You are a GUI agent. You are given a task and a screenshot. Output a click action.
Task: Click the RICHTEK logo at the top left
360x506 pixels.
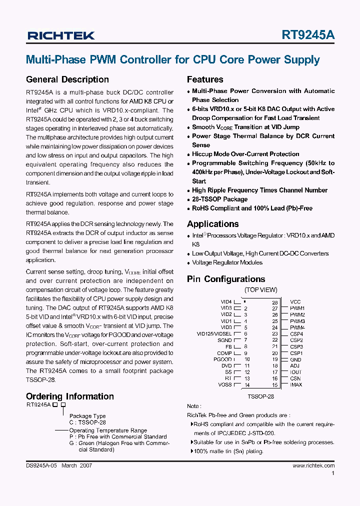pos(60,35)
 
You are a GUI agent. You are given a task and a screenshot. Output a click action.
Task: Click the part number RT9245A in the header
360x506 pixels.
pos(308,35)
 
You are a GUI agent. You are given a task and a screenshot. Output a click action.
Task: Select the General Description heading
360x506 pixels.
pos(67,79)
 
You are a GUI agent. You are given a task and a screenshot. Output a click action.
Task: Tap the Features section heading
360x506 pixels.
pos(205,79)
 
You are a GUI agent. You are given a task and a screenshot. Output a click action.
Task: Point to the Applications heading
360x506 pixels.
pos(212,224)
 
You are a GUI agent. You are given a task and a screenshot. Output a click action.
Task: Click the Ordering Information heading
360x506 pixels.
pos(69,396)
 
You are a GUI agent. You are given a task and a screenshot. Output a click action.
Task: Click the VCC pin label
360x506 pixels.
pos(295,302)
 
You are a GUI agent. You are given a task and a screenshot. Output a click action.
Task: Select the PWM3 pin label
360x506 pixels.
pos(297,321)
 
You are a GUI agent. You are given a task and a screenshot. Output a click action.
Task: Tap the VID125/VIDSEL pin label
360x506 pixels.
pos(214,333)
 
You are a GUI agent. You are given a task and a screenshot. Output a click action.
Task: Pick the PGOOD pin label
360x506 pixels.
pos(222,359)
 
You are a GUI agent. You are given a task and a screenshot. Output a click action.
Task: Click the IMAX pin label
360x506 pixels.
pos(296,384)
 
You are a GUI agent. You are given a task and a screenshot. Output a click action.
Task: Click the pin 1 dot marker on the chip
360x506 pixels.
pos(244,301)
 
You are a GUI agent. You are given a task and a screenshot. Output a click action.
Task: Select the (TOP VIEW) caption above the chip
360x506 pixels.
pos(260,290)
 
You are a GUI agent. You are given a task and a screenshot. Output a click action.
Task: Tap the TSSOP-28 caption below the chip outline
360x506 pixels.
pos(260,396)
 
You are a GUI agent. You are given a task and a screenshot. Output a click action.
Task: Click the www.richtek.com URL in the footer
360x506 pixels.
pos(313,465)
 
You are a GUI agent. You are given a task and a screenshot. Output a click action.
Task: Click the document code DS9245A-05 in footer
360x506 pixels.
pos(42,465)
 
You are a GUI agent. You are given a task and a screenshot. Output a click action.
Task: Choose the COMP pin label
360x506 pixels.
pos(224,353)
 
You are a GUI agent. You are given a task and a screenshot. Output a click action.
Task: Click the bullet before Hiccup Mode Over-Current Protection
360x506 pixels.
pos(189,154)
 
